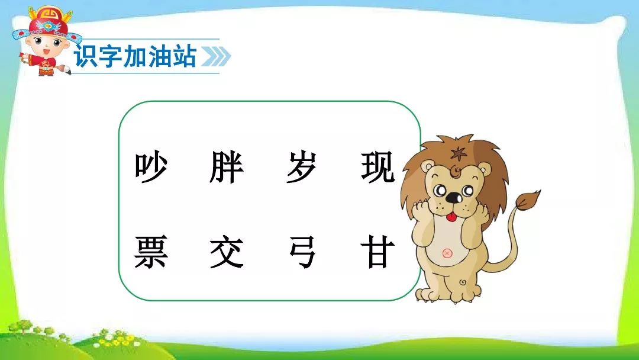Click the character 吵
click(151, 167)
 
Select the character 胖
click(227, 167)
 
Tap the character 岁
click(302, 167)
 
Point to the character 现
click(377, 167)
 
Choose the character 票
click(151, 252)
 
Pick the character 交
click(227, 253)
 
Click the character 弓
click(302, 253)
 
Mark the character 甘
click(377, 252)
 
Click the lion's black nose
click(453, 198)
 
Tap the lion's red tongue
click(451, 217)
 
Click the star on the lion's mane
click(459, 154)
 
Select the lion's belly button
click(447, 253)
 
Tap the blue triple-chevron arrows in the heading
click(216, 56)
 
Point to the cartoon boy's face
click(46, 46)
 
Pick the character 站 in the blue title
click(184, 56)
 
